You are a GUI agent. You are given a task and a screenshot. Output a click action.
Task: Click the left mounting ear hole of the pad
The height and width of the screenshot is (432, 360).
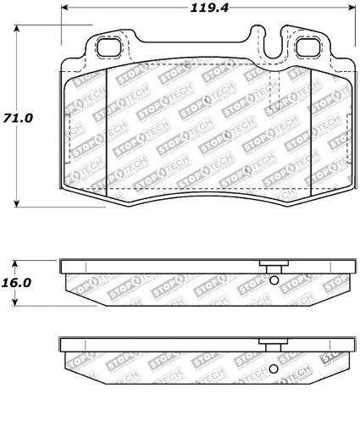108,48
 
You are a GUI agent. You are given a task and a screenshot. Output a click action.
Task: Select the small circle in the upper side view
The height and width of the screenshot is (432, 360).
273,282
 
